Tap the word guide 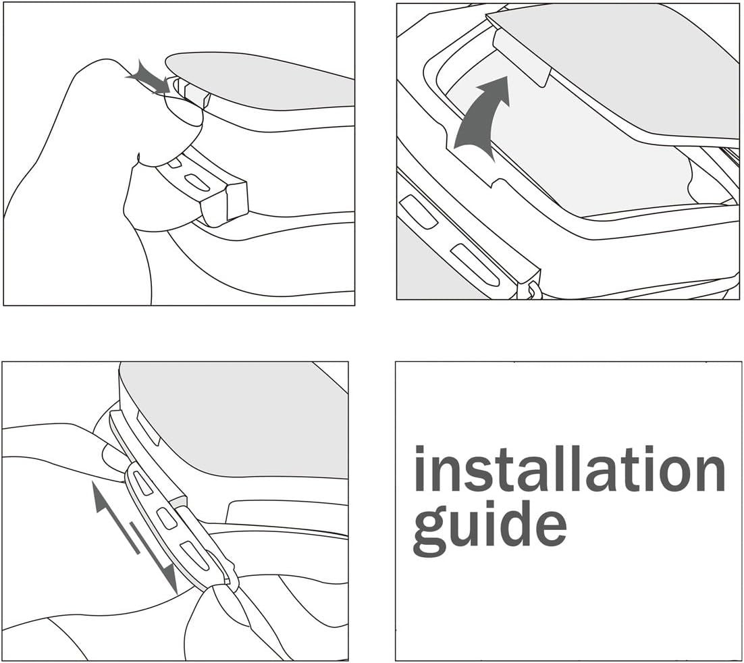[489, 527]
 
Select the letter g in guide [429, 530]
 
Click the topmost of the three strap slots [144, 483]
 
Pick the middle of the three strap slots [167, 518]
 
